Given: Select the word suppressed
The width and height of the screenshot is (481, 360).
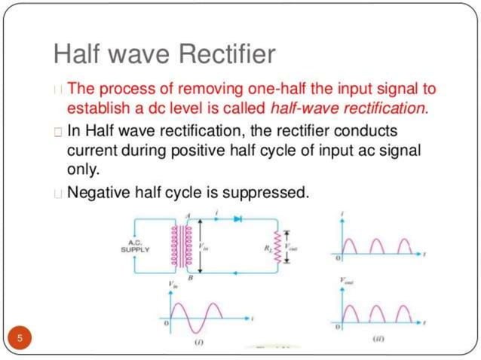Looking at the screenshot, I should pyautogui.click(x=264, y=192).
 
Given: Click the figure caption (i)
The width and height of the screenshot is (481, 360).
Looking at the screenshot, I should pyautogui.click(x=199, y=343).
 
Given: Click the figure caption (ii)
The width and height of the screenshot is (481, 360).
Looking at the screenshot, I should pyautogui.click(x=380, y=340).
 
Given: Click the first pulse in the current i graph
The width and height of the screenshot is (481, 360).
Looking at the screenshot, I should pyautogui.click(x=352, y=246).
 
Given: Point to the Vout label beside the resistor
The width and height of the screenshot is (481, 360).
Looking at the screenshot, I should pyautogui.click(x=293, y=243).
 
